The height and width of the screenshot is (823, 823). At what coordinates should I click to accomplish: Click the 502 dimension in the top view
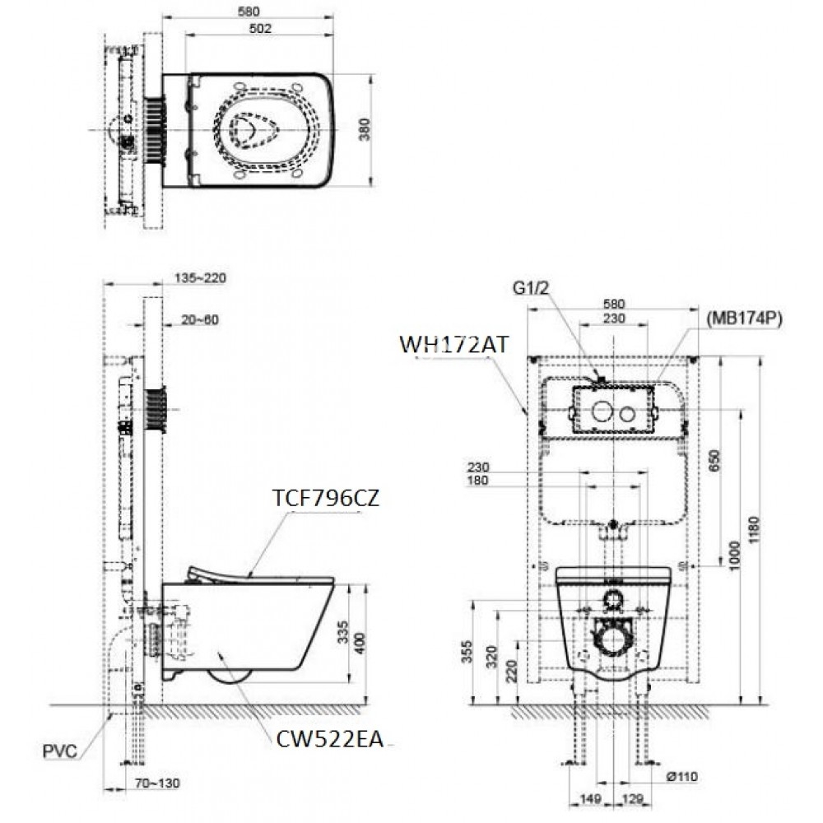click(x=258, y=28)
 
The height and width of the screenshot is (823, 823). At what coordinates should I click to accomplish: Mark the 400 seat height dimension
click(x=356, y=641)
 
